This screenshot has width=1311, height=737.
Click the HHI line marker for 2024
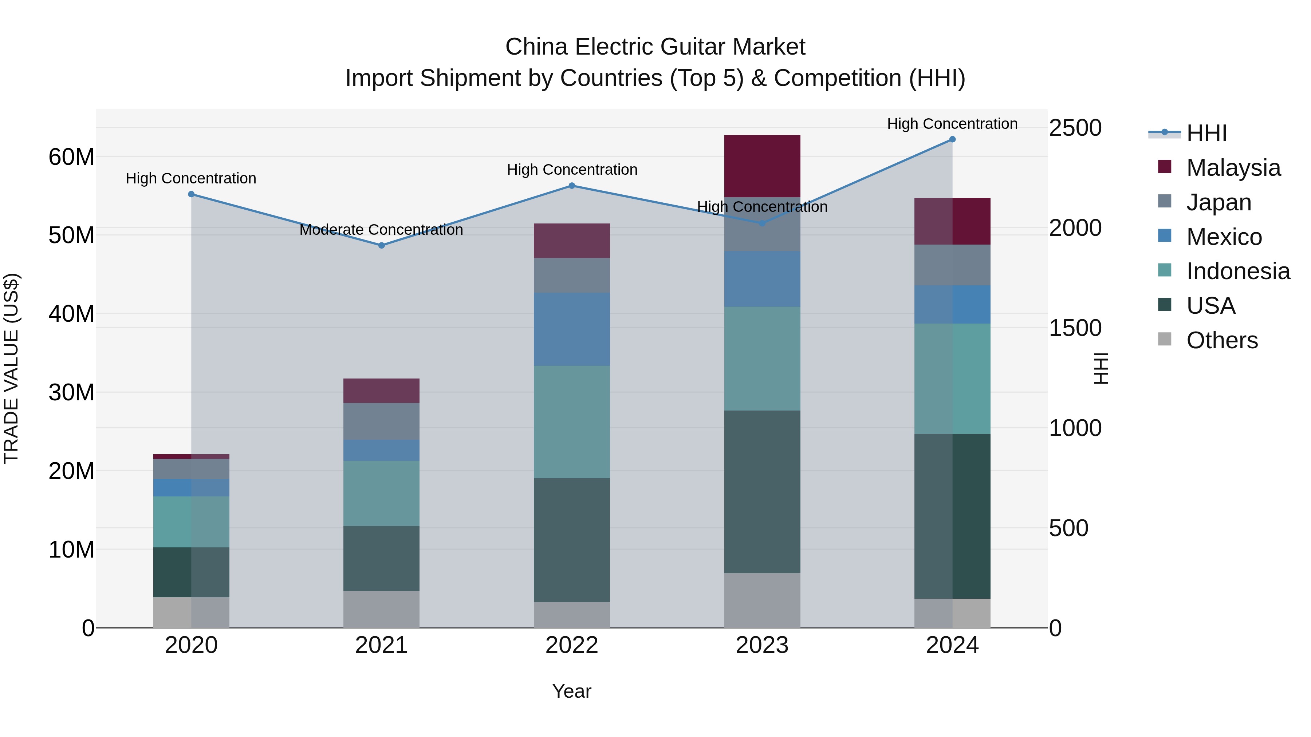point(952,139)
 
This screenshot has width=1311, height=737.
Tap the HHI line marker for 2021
point(382,245)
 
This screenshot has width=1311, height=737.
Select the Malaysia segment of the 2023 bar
point(762,166)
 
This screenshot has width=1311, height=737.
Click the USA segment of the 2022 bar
point(571,540)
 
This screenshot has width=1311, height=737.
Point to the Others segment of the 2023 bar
point(762,600)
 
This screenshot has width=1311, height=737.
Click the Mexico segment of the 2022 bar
point(571,329)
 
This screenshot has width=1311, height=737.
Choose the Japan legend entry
point(1219,202)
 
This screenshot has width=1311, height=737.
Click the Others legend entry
point(1221,340)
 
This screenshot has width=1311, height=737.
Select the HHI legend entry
point(1206,133)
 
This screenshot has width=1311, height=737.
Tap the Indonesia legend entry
point(1238,271)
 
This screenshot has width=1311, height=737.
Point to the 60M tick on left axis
point(71,156)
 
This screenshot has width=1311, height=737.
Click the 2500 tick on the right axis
point(1075,128)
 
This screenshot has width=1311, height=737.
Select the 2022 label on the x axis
point(571,645)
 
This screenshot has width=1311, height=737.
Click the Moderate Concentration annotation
point(381,230)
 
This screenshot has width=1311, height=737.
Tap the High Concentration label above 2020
point(191,179)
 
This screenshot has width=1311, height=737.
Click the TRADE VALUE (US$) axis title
point(11,368)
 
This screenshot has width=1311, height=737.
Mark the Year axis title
point(571,691)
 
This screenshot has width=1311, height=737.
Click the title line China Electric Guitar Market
point(655,47)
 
